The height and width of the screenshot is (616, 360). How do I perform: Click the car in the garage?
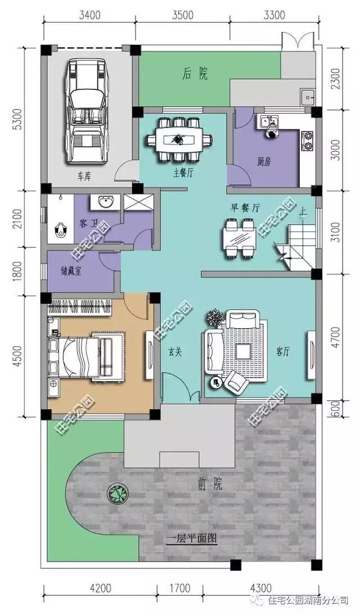88,112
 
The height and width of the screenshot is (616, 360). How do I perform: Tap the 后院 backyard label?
195,74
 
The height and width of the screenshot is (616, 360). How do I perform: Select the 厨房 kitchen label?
264,161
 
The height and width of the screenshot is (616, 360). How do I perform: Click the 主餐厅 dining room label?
183,173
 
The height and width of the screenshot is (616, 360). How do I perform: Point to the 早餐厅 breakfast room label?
245,208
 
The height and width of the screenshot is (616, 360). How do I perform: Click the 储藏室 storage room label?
71,271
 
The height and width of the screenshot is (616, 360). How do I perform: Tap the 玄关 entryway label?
175,352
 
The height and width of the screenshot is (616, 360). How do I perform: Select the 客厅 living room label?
283,351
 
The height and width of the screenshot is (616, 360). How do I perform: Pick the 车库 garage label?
84,176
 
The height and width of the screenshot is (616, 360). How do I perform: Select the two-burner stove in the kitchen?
307,141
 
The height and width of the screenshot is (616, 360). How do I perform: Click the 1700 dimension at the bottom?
181,588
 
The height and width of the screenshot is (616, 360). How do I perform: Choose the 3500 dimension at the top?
182,15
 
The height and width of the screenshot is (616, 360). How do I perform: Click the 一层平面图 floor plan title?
192,538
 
